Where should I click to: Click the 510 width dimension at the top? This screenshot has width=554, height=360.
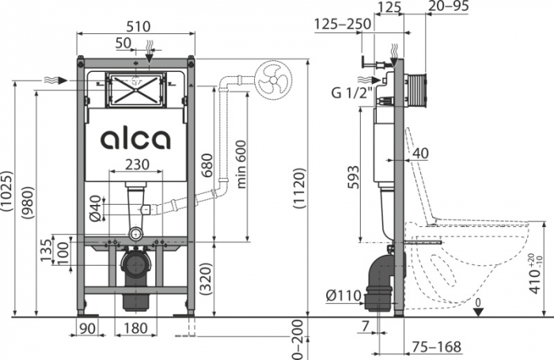(x=137, y=25)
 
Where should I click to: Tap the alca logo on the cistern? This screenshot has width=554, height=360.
(x=135, y=139)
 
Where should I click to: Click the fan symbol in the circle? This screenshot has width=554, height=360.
(x=274, y=80)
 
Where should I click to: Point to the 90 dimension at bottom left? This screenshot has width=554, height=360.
(x=86, y=328)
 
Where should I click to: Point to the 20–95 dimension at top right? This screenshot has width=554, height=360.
(x=449, y=7)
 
